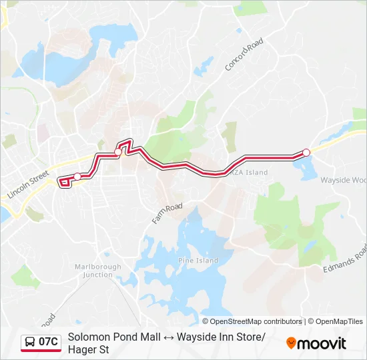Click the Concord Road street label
[x=244, y=55]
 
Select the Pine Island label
[x=198, y=261]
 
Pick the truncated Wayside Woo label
[x=343, y=180]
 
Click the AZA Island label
[x=250, y=173]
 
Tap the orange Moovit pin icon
[x=291, y=343]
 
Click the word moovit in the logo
[x=322, y=343]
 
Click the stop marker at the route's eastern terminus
[x=306, y=153]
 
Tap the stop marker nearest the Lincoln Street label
[x=77, y=176]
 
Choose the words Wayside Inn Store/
[x=222, y=337]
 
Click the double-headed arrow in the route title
[x=170, y=337]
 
